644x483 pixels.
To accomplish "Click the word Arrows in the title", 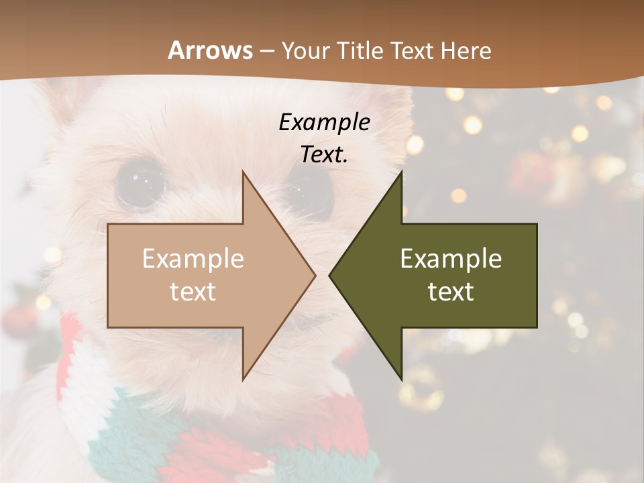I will click(x=211, y=50).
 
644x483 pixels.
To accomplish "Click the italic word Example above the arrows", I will click(x=325, y=122).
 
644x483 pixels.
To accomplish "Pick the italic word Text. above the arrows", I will click(x=325, y=154).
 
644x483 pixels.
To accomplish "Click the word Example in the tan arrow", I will click(x=193, y=259).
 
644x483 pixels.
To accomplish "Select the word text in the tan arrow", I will click(x=193, y=291).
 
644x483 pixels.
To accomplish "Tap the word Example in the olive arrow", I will click(x=451, y=259).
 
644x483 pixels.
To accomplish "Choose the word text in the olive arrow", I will click(x=451, y=291).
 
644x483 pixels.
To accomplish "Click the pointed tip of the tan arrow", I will click(x=315, y=275).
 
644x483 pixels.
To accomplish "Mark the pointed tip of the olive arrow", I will click(x=330, y=275).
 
